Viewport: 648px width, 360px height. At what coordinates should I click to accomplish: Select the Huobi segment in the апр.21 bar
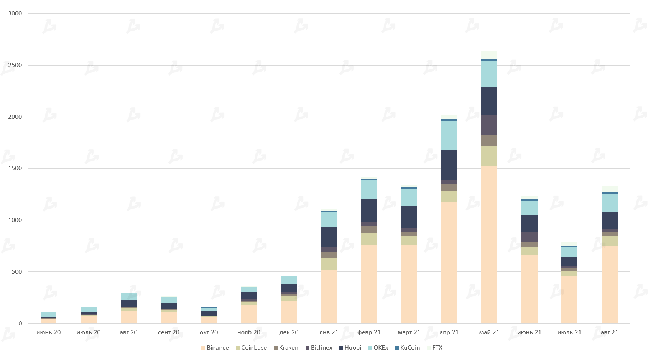click(x=449, y=165)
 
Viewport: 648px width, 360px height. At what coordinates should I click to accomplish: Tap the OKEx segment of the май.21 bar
click(x=489, y=74)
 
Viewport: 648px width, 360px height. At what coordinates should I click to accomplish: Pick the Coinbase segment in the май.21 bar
click(x=489, y=156)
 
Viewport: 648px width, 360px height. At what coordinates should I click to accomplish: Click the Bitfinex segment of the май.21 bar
click(x=489, y=125)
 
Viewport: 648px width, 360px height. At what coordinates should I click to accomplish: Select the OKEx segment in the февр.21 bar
click(x=369, y=189)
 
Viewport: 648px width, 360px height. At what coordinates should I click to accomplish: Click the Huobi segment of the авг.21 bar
click(x=609, y=220)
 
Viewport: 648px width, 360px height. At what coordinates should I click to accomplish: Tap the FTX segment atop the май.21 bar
click(x=489, y=55)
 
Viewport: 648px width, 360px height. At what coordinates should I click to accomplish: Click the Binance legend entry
click(x=215, y=348)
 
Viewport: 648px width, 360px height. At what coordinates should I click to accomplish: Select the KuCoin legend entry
click(x=407, y=348)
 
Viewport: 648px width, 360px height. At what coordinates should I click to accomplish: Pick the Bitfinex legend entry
click(x=319, y=348)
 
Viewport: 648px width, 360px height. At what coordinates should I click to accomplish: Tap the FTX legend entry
click(x=434, y=348)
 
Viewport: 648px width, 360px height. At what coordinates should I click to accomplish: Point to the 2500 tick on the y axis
click(x=15, y=65)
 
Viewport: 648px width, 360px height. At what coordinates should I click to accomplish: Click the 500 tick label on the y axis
click(x=17, y=272)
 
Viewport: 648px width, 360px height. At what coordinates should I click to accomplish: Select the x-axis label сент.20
click(x=169, y=332)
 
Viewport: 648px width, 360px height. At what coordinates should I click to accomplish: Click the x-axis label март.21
click(x=409, y=332)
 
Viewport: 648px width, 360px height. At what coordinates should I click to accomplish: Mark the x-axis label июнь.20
click(x=49, y=332)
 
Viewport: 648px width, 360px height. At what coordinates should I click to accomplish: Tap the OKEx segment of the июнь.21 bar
click(x=529, y=208)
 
